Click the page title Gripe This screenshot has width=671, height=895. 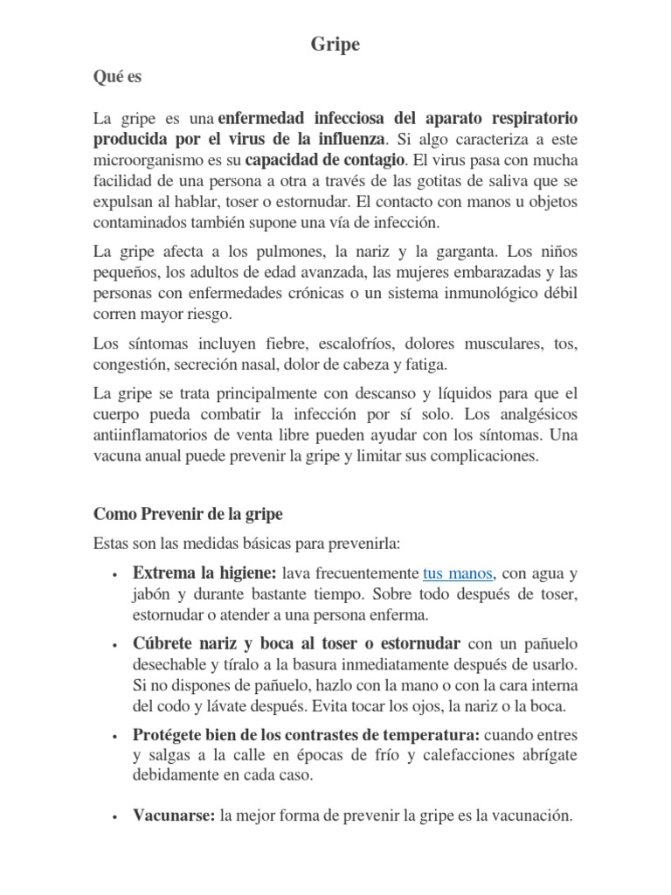(x=335, y=45)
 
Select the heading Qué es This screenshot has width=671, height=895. (x=117, y=77)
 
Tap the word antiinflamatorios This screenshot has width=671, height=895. (x=163, y=434)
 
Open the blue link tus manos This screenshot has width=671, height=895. (x=458, y=573)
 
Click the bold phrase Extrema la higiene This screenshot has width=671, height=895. (x=204, y=573)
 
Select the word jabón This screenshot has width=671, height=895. (x=153, y=594)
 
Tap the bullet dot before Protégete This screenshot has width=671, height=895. (x=115, y=736)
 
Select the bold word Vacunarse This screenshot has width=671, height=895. (x=173, y=816)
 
